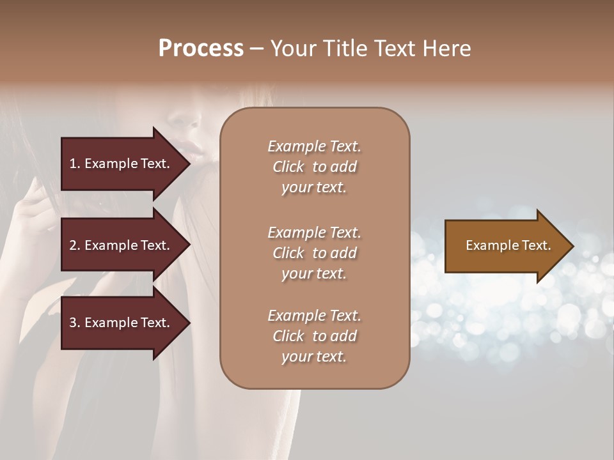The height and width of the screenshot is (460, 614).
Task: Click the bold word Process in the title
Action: coord(201,49)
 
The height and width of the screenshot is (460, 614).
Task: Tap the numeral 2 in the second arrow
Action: coord(73,245)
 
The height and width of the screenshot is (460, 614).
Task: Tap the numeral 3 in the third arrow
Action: coord(73,323)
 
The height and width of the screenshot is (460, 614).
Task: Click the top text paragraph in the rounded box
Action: coord(314,167)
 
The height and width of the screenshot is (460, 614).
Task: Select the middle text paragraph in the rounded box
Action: coord(314,252)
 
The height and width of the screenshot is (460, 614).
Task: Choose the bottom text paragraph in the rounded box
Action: coord(314,336)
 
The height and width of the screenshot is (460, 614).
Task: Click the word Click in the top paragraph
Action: coord(288,167)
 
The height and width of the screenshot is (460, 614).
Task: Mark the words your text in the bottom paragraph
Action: coord(314,356)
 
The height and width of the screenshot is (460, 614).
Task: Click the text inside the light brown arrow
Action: coord(508,245)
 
